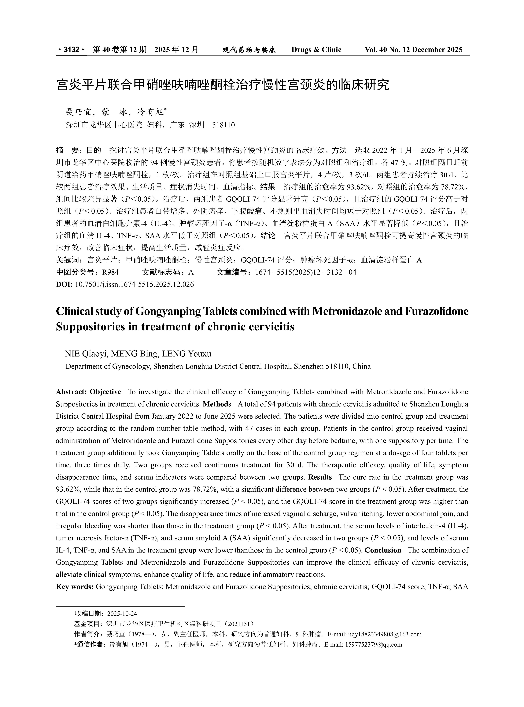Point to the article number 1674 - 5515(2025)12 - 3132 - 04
[306, 272]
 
